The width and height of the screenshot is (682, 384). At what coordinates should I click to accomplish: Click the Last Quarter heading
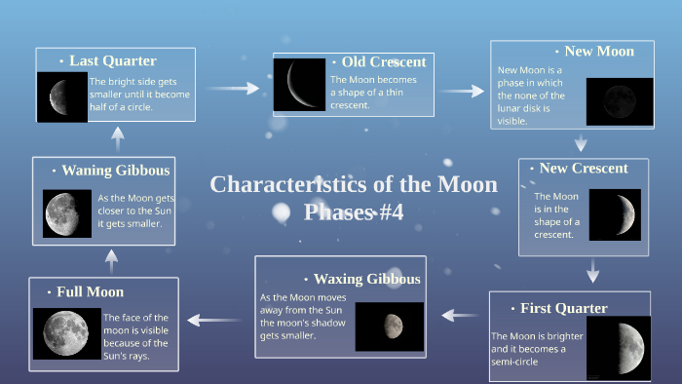[x=112, y=60]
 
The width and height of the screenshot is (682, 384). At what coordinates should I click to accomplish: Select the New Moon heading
[x=598, y=51]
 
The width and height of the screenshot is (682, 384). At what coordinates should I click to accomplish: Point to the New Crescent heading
[x=584, y=169]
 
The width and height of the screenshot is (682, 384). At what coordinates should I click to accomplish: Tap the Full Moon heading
[x=90, y=291]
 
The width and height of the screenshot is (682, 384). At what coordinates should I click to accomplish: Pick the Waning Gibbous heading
[x=116, y=170]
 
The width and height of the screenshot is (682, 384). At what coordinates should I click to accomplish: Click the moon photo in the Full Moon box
[x=66, y=334]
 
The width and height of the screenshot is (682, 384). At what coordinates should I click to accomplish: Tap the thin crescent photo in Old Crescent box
[x=299, y=84]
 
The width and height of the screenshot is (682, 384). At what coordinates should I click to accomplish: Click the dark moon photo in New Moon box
[x=613, y=102]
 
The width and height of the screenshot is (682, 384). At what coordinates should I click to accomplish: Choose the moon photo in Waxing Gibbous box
[x=390, y=326]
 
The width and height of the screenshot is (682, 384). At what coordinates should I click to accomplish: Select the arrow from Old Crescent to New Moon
[x=462, y=91]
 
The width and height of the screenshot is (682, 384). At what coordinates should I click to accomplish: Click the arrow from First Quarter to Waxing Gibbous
[x=460, y=314]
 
